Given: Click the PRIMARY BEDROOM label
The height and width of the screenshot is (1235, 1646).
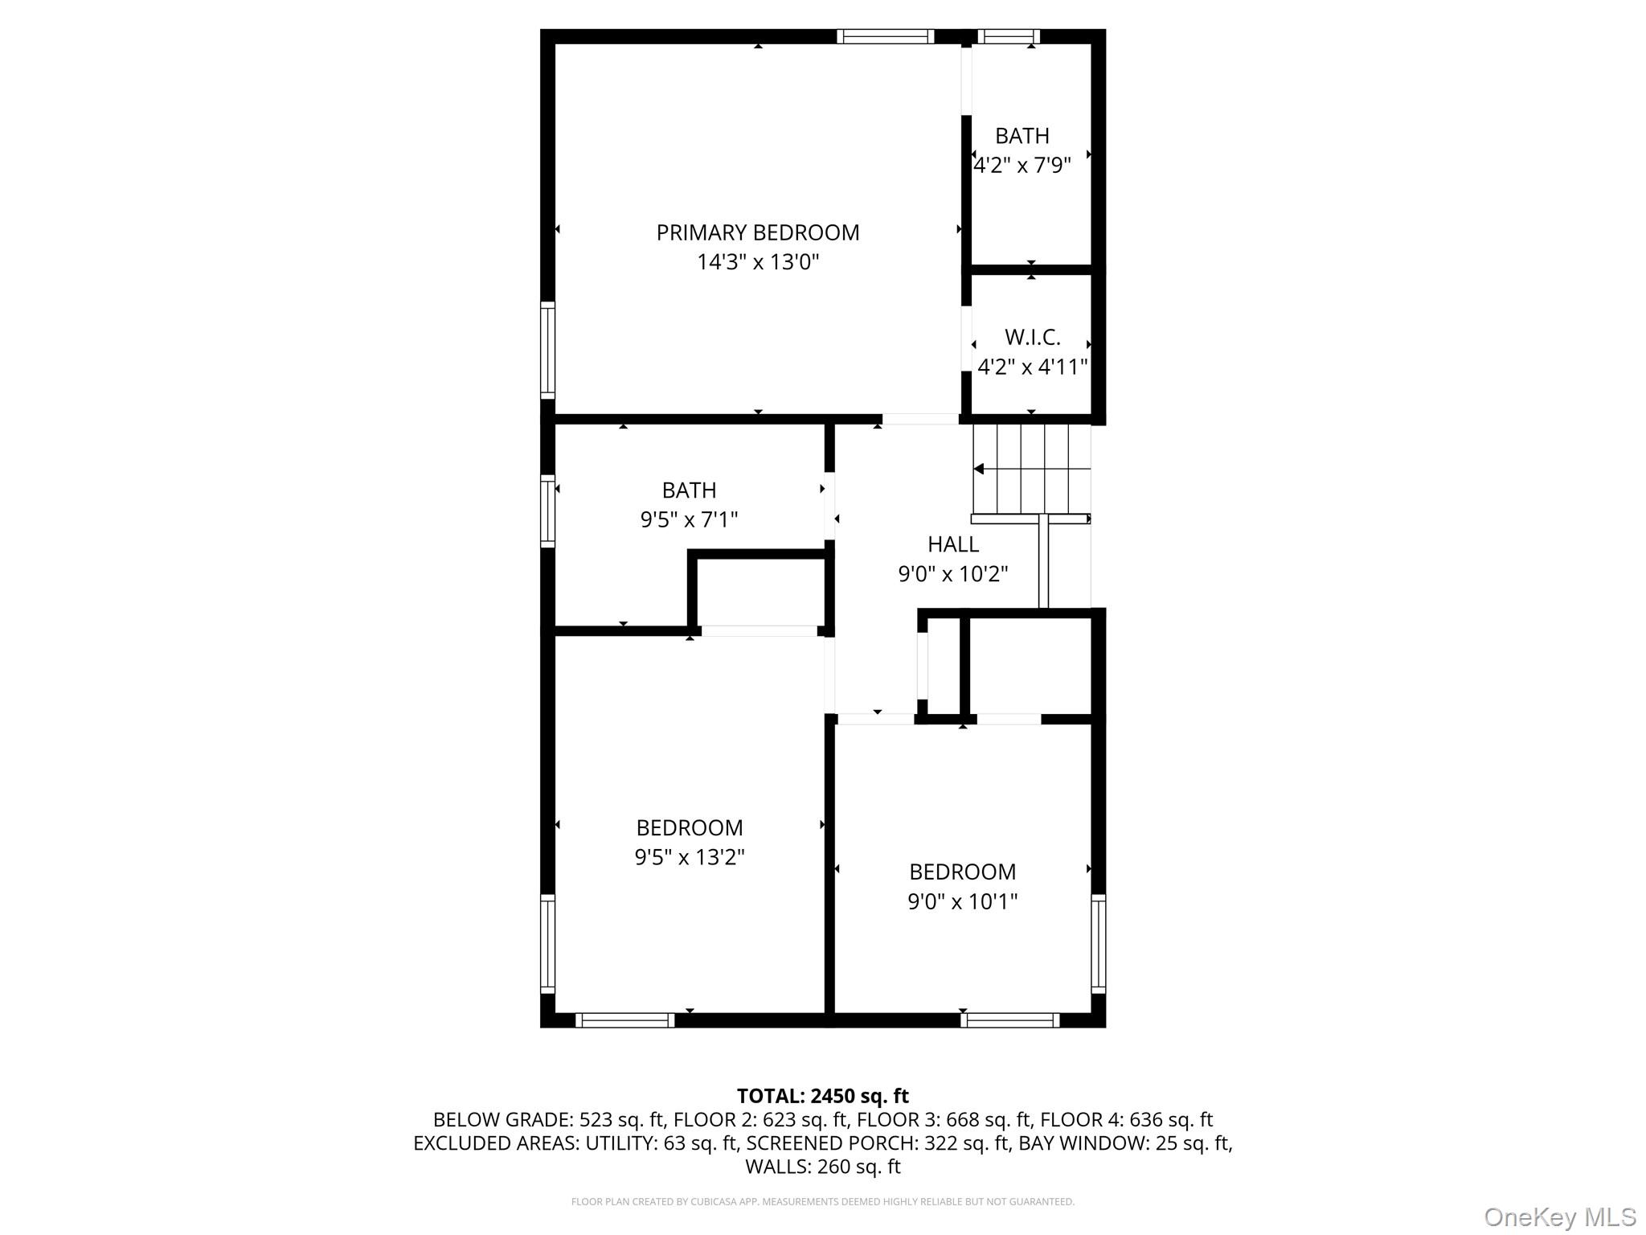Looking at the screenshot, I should click(x=757, y=233).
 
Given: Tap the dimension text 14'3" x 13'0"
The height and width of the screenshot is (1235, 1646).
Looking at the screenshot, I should click(x=757, y=262).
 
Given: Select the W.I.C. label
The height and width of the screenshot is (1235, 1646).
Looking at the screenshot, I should click(x=1032, y=337).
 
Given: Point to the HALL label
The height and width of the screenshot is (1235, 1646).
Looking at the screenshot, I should click(x=953, y=544).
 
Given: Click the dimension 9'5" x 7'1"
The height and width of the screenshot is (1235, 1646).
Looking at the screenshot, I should click(x=689, y=519).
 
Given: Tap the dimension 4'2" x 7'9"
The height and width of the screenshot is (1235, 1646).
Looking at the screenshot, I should click(x=1022, y=166).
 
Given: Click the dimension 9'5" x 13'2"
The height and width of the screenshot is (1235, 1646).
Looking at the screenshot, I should click(x=690, y=857).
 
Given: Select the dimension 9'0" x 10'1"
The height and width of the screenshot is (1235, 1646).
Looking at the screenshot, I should click(x=962, y=901).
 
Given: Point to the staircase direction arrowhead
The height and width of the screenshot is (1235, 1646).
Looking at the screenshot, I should click(x=978, y=469).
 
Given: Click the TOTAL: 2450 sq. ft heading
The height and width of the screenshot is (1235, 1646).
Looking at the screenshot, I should click(x=822, y=1096).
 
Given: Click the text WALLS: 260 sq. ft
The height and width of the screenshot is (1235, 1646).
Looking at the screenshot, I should click(x=822, y=1166).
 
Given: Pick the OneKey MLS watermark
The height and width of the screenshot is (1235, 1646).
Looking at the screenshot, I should click(x=1559, y=1217).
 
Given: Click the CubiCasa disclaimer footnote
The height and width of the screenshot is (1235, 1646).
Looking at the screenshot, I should click(x=822, y=1202).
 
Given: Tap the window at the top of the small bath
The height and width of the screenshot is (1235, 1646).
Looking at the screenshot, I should click(x=1008, y=36).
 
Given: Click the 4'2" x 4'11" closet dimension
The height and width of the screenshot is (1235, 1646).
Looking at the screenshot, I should click(x=1032, y=367).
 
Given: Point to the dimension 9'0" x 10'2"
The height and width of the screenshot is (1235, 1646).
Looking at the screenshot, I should click(x=953, y=574).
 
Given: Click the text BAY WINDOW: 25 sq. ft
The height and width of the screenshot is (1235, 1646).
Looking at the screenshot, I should click(x=1125, y=1143).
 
